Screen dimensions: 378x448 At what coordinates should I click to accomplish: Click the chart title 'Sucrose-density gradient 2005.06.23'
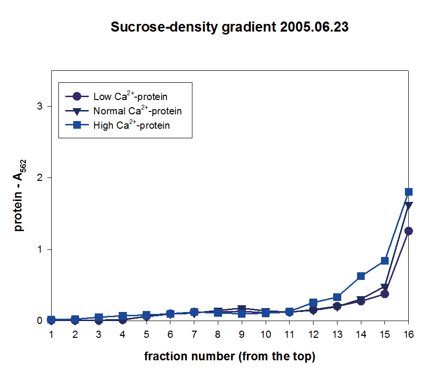tap(229, 27)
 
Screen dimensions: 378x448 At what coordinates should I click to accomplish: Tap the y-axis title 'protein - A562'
tap(20, 196)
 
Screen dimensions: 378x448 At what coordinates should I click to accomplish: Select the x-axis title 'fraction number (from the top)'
tap(230, 356)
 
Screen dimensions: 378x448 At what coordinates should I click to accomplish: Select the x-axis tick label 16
tap(408, 334)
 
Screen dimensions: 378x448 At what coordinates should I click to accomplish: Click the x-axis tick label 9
tap(242, 334)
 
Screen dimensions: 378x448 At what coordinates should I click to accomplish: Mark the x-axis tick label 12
tap(313, 334)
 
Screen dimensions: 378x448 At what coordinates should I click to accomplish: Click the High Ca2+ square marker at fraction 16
tap(408, 192)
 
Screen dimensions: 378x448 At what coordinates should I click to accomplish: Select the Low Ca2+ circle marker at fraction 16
tap(408, 231)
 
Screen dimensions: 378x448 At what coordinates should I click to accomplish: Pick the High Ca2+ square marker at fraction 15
tap(384, 261)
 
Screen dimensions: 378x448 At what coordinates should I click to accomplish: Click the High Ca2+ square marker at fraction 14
tap(361, 276)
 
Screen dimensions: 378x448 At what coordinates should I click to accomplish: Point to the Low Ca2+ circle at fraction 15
tap(384, 294)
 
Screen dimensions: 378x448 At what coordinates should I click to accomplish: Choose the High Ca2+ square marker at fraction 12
tap(313, 302)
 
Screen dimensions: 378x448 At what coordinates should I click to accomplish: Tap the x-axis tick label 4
tap(123, 334)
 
